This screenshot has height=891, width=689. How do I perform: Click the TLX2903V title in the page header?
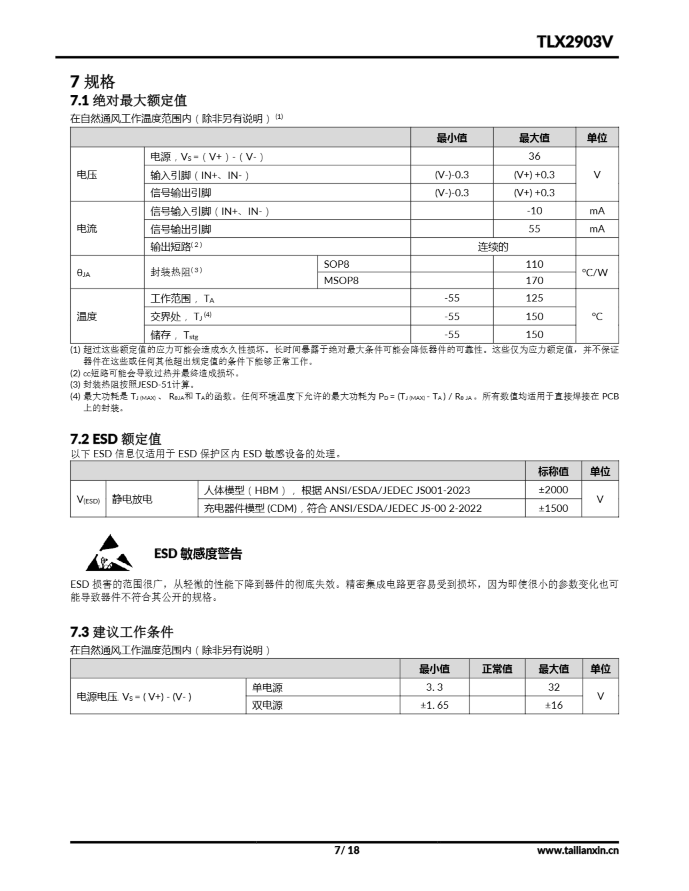[574, 42]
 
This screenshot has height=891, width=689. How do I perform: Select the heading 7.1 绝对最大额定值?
[128, 100]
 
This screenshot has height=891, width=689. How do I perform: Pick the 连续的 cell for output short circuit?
[493, 247]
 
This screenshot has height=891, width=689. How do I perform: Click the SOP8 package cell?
[336, 265]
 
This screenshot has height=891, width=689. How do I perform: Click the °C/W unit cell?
[596, 272]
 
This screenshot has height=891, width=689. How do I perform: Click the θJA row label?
[83, 273]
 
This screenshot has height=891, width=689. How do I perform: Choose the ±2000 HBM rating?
[553, 490]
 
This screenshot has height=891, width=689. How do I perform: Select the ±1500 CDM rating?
[553, 508]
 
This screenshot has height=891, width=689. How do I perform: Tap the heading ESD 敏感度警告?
[198, 554]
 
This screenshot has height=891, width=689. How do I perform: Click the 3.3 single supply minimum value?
[434, 687]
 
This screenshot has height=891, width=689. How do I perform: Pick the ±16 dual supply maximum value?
[553, 705]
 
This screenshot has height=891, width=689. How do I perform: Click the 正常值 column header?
[497, 669]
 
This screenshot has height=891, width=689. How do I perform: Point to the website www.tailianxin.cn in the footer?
[577, 850]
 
